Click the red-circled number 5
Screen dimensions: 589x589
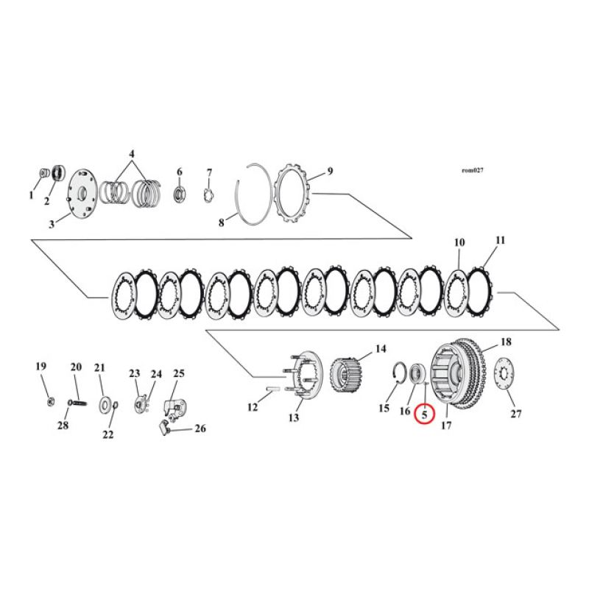pos(425,415)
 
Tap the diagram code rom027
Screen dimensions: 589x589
pos(473,171)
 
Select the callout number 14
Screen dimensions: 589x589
pos(381,348)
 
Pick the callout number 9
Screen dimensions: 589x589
pos(330,172)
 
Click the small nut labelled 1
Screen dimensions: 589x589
pos(43,174)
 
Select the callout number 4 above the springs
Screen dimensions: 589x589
pos(132,155)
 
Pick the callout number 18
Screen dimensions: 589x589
pos(506,342)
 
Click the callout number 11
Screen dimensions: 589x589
pos(501,240)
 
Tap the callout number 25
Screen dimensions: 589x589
pos(179,373)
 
